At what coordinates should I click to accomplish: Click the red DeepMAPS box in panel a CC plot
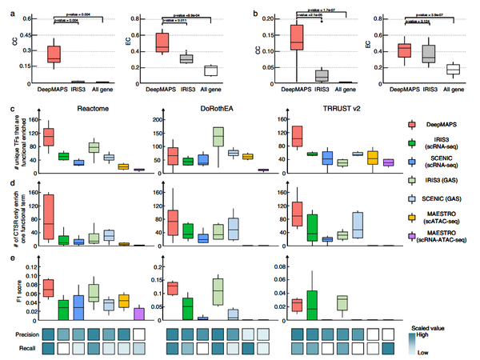click(54, 54)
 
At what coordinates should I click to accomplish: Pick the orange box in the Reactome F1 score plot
click(123, 301)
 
